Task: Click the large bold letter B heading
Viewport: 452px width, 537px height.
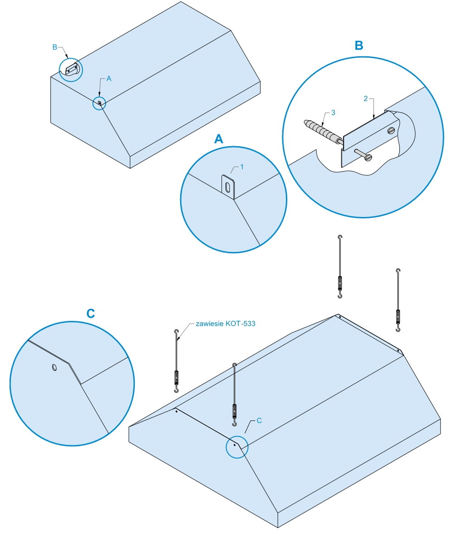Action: [x=359, y=45]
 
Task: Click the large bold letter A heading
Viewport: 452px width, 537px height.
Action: [x=219, y=139]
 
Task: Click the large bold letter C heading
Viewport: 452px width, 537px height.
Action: [x=91, y=313]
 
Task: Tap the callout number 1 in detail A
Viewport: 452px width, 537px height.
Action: [x=242, y=167]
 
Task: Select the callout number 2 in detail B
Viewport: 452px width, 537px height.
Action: [x=366, y=99]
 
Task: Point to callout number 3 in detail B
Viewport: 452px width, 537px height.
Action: [x=333, y=113]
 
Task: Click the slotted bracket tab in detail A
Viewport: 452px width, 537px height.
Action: [x=228, y=186]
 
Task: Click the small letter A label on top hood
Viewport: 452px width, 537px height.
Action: [x=108, y=79]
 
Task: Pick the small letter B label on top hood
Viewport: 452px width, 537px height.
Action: [x=54, y=47]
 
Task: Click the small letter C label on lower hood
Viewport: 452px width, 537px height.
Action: [x=259, y=421]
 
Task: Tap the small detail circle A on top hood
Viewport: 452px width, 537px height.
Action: [x=99, y=103]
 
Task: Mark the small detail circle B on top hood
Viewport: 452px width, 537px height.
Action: [x=72, y=69]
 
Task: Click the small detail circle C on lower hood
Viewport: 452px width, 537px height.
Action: [x=237, y=446]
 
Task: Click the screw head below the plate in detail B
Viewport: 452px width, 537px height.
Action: [x=368, y=158]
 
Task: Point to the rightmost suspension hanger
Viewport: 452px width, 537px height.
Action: [x=398, y=300]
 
